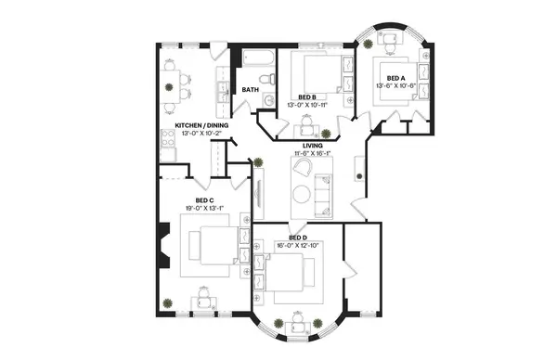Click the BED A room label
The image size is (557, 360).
[395, 78]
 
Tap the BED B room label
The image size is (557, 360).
[307, 96]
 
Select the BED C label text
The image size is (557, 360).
[205, 200]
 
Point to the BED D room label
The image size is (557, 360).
[297, 238]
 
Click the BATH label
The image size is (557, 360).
[251, 90]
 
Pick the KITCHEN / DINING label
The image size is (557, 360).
[202, 125]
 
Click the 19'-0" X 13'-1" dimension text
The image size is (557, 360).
[205, 209]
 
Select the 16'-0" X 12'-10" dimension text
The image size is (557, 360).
[297, 246]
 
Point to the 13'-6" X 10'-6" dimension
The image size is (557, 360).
[395, 86]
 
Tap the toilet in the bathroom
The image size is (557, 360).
[268, 99]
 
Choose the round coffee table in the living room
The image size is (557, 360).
[303, 193]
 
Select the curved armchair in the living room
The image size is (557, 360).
[302, 167]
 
